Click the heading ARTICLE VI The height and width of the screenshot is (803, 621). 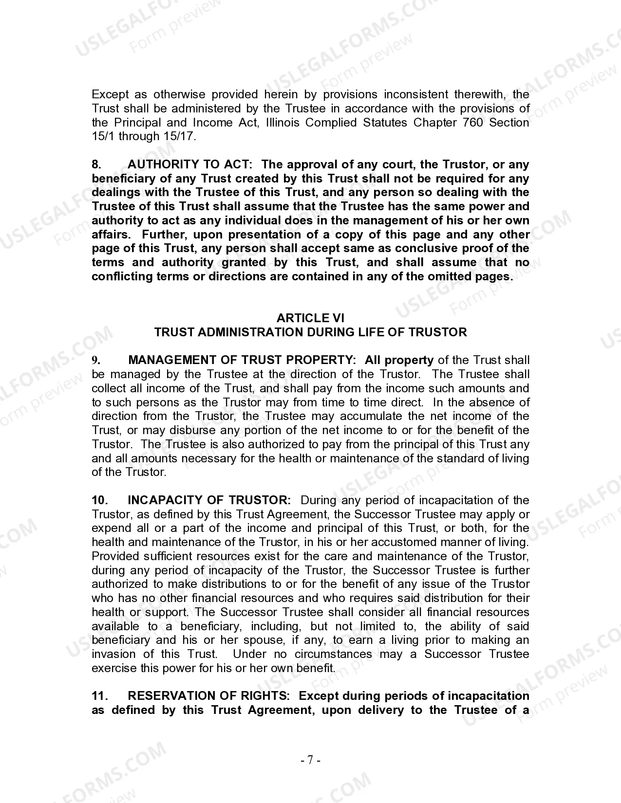[310, 318]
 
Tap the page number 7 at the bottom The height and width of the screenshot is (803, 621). [310, 760]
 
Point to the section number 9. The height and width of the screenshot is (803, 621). [96, 361]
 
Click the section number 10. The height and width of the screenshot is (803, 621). [99, 500]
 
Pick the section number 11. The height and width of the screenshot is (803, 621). [99, 696]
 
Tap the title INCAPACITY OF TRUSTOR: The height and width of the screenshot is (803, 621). [209, 500]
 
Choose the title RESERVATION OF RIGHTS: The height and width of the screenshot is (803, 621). [209, 696]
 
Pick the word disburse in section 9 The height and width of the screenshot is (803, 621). [192, 431]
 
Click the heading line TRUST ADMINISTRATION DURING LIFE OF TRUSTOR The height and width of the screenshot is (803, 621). [310, 332]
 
